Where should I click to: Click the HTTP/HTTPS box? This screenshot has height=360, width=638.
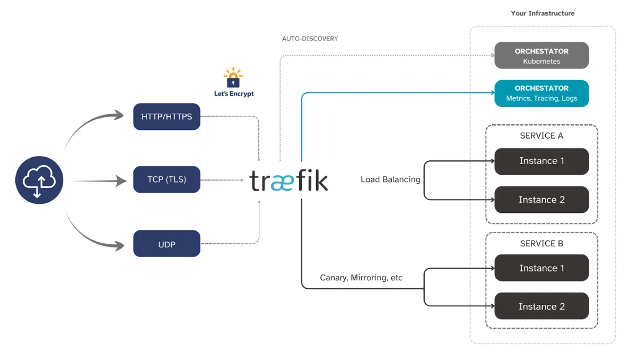coord(167,117)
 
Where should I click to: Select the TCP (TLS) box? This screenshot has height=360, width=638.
coord(167,179)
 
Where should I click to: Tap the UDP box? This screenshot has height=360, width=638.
coord(167,244)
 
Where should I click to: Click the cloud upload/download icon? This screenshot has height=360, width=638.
coord(39,181)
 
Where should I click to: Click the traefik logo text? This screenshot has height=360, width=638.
coord(289,181)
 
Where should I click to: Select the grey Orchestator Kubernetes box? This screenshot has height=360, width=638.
coord(541,56)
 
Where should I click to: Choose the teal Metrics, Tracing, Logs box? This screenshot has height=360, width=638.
coord(541,93)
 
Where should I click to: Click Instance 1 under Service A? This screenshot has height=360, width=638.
coord(541,161)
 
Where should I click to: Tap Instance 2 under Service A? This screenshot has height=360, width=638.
coord(541,200)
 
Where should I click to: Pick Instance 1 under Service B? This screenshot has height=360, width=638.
coord(541,268)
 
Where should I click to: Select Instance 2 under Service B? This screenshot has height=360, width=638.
coord(541,306)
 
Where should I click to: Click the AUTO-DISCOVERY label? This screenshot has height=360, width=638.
coord(310,39)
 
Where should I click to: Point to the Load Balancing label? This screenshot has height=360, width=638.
coord(390,179)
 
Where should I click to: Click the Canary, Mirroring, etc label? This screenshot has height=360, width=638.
coord(361,278)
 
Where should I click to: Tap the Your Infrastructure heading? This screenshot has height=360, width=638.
coord(543,13)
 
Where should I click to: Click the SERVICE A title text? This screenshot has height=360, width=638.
coord(541,136)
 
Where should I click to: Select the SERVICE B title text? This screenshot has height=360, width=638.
coord(541,244)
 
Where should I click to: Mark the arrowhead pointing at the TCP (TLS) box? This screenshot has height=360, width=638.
coord(122,181)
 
